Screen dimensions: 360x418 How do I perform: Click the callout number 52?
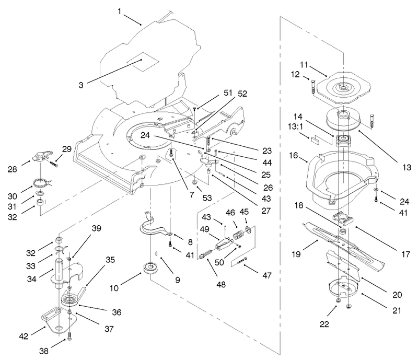coord(242,94)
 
